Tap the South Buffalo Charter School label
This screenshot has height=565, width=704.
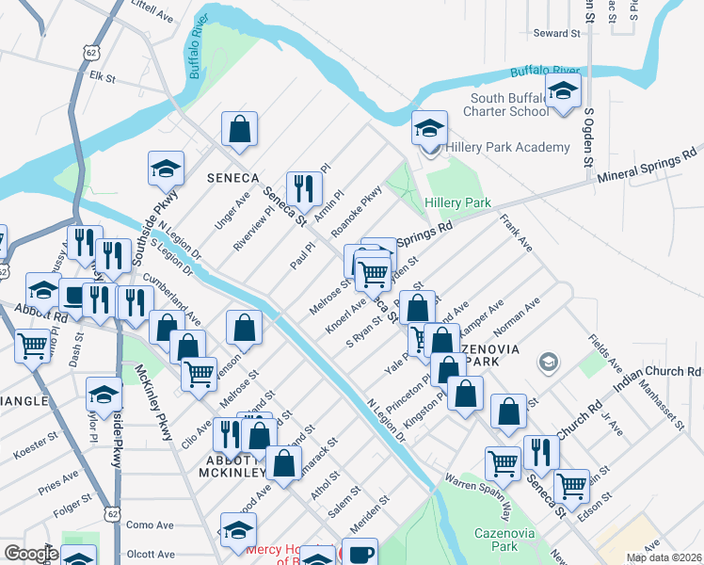tap(505, 105)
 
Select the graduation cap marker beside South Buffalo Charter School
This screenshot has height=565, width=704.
tap(564, 92)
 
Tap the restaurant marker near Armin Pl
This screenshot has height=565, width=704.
tap(304, 188)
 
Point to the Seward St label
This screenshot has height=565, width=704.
tap(557, 33)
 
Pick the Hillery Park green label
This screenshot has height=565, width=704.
tap(458, 202)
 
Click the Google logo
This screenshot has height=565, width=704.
tap(30, 554)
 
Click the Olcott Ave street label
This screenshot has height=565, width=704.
tap(151, 555)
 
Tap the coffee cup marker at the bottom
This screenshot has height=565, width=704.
tap(360, 553)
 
